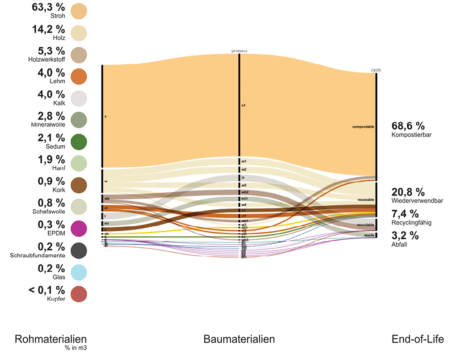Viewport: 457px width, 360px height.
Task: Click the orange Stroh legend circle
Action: (79, 11)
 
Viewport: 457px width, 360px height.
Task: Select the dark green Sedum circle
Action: (79, 141)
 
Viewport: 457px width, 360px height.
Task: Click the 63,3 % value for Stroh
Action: (48, 7)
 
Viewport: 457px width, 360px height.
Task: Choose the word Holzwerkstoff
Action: (47, 59)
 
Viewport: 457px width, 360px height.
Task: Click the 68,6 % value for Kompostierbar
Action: (408, 126)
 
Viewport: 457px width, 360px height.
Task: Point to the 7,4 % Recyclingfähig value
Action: (405, 213)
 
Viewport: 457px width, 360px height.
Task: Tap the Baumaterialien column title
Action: (239, 339)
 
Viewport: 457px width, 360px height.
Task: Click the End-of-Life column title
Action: (418, 339)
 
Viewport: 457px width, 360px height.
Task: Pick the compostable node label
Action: (363, 127)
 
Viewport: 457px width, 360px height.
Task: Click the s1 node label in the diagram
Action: (244, 106)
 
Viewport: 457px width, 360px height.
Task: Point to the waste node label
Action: (369, 235)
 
